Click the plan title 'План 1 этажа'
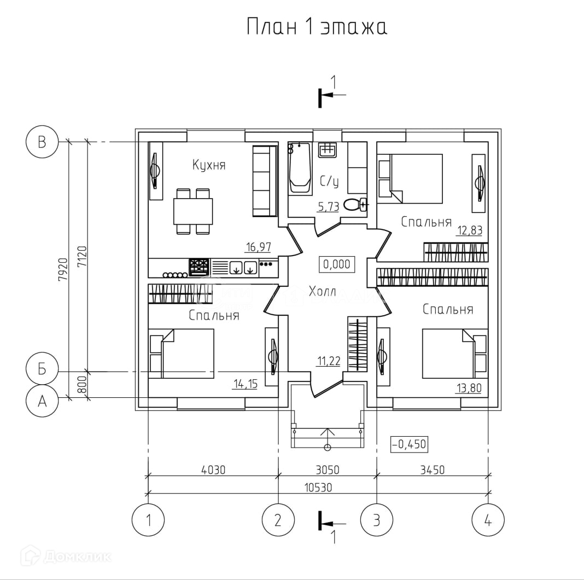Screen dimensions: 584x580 click(317, 27)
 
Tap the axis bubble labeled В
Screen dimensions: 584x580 click(42, 142)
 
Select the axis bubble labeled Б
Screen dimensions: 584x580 click(42, 368)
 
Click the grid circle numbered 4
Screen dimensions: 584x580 click(488, 520)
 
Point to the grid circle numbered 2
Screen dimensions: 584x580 click(278, 520)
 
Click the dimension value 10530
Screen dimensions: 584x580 click(318, 487)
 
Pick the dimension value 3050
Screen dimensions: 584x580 click(328, 469)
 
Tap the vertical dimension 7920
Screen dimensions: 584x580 click(63, 270)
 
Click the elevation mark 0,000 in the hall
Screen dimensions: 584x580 click(337, 264)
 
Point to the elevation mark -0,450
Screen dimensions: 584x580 click(409, 444)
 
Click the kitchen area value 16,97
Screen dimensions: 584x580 click(259, 247)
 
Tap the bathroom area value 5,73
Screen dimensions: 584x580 click(329, 206)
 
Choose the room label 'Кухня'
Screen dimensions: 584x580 click(209, 165)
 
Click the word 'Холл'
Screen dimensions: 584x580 click(323, 291)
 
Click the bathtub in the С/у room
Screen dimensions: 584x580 click(300, 168)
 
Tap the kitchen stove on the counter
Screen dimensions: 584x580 click(199, 267)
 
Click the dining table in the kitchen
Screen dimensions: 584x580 click(193, 211)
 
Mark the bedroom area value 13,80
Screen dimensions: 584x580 click(469, 388)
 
